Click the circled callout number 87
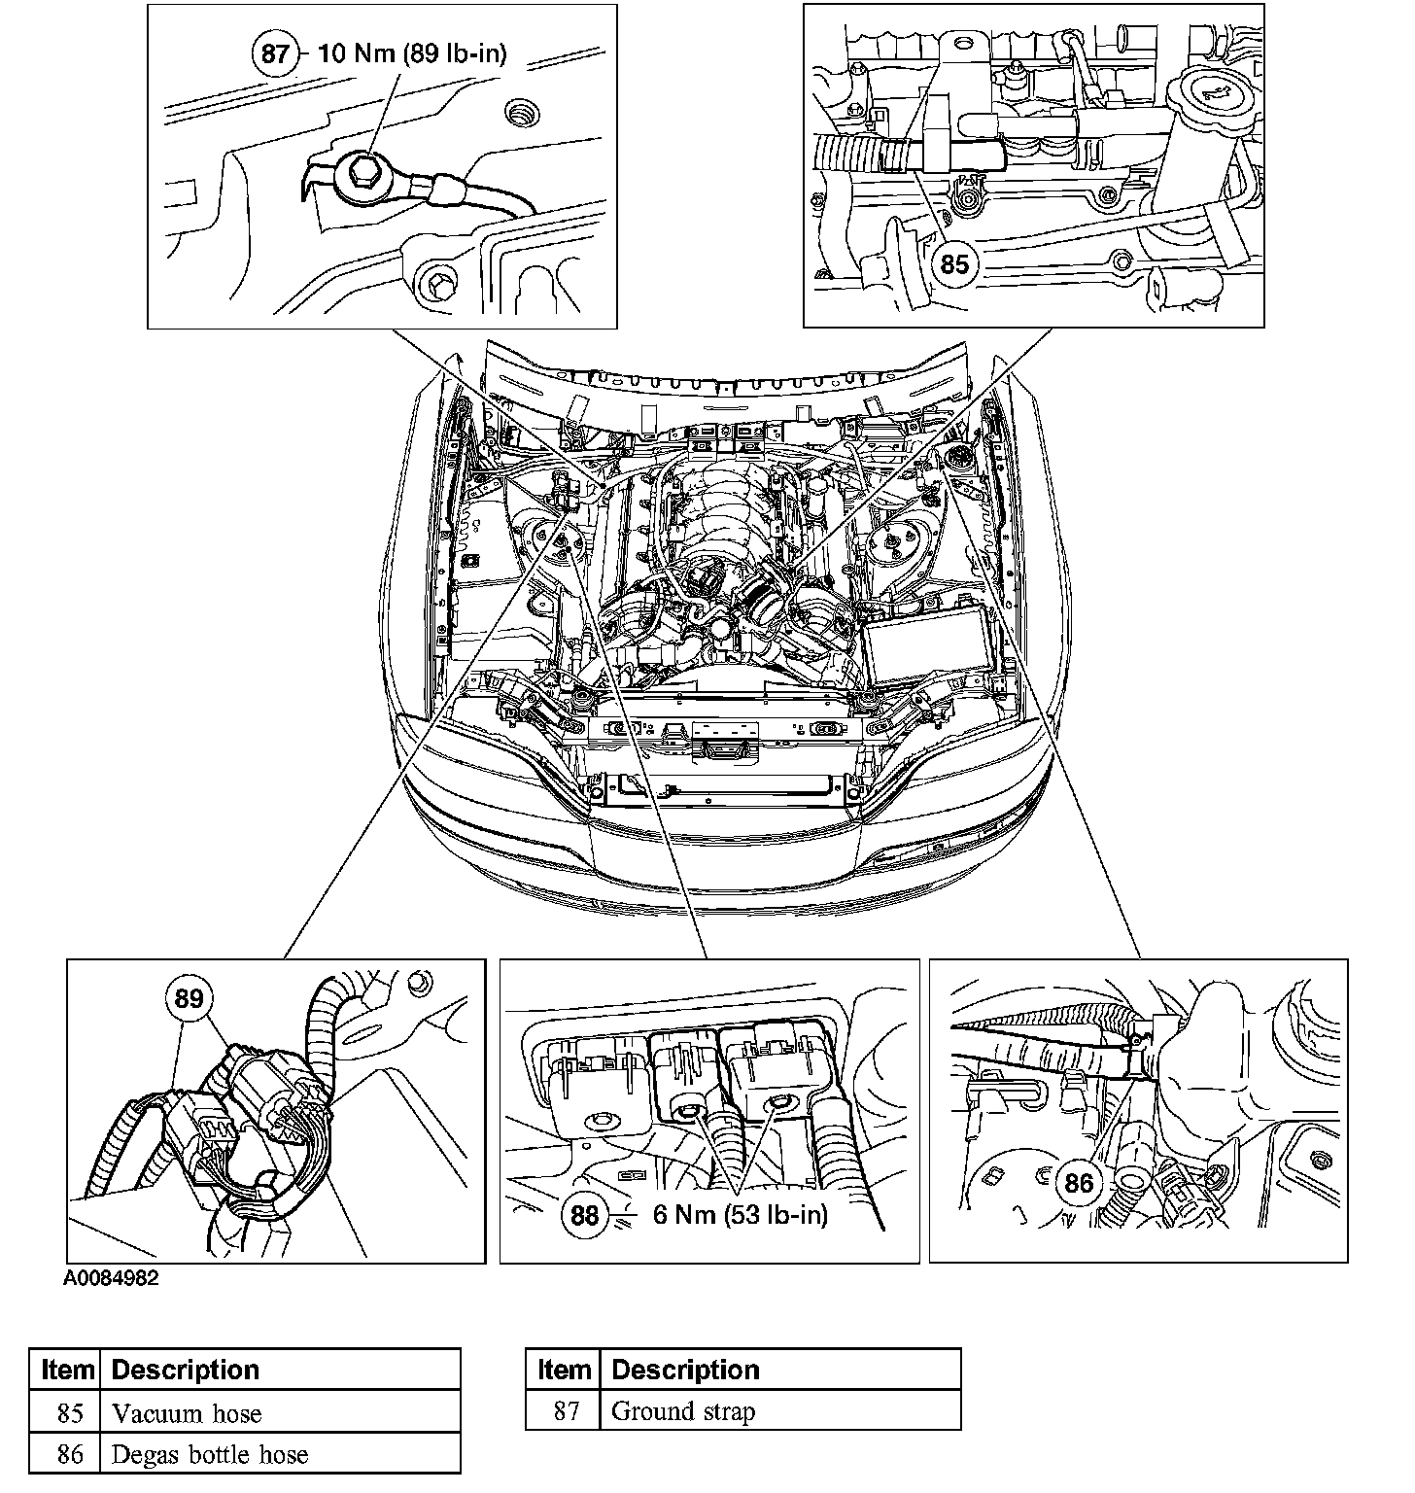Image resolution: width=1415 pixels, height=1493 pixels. click(x=276, y=52)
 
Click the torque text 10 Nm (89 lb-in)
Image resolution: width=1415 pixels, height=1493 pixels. click(x=413, y=52)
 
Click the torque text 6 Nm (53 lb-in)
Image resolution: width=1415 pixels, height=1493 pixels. click(x=741, y=1214)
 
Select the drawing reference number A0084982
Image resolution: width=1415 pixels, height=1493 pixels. click(x=111, y=1279)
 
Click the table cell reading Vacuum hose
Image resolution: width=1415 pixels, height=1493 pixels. click(x=187, y=1413)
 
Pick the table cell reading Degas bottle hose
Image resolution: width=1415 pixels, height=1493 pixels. click(x=210, y=1455)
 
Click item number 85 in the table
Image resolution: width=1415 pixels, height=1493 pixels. click(x=69, y=1413)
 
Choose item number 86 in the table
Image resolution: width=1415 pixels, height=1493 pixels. click(x=69, y=1455)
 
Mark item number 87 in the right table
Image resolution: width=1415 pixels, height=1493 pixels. click(x=566, y=1411)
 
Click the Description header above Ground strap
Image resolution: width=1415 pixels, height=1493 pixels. click(x=685, y=1370)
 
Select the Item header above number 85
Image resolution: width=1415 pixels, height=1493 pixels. click(x=68, y=1371)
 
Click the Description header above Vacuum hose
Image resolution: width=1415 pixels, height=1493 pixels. click(x=186, y=1371)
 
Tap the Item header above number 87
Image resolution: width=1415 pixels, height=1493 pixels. click(x=564, y=1370)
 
